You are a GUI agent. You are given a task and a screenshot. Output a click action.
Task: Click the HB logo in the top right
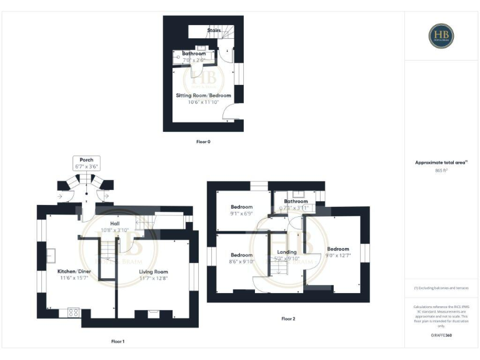click(x=441, y=36)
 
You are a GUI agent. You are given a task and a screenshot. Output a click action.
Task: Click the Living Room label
click(x=153, y=272)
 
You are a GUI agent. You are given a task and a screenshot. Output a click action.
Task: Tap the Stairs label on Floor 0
click(x=214, y=29)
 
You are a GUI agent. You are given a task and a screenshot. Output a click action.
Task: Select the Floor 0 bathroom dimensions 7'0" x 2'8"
click(x=194, y=60)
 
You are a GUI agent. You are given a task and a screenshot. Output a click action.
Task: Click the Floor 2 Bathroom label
click(x=296, y=201)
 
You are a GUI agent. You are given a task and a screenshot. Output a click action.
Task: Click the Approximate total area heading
click(x=441, y=162)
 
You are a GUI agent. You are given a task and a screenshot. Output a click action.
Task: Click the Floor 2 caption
click(x=288, y=319)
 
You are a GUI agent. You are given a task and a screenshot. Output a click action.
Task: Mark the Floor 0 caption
click(x=203, y=142)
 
